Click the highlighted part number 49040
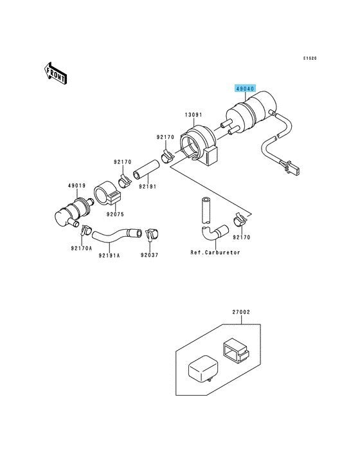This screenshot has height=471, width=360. [245, 89]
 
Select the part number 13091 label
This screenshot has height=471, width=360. [194, 115]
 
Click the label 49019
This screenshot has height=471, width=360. [76, 186]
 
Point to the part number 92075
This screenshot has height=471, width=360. [115, 214]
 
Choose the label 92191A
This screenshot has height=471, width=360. [109, 255]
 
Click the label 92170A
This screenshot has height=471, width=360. [82, 248]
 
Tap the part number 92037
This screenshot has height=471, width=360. [149, 255]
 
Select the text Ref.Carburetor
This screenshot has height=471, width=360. [215, 253]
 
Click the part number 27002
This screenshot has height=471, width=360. [241, 312]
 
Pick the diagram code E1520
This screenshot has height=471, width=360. [310, 59]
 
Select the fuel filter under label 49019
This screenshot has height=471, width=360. [73, 212]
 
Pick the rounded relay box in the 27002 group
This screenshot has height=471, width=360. [203, 370]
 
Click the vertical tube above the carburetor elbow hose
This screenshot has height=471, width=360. [206, 210]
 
